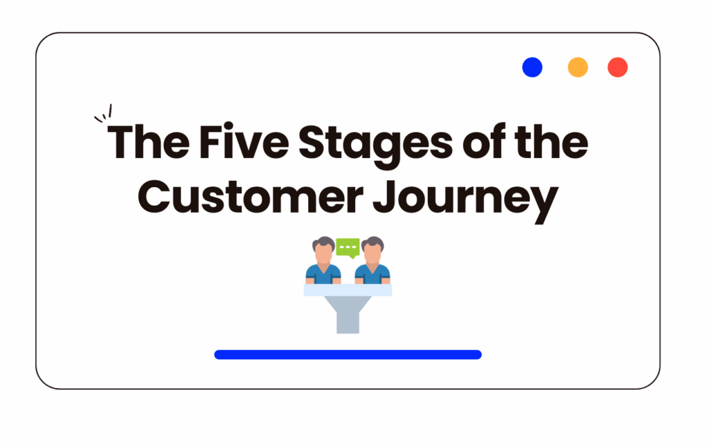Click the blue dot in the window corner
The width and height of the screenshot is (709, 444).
click(532, 67)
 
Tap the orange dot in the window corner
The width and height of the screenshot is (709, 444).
click(578, 67)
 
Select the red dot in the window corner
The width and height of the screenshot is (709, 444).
click(618, 67)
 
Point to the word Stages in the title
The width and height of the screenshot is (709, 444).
click(375, 145)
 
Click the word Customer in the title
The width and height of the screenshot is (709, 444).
click(251, 197)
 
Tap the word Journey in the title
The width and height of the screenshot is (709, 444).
click(466, 201)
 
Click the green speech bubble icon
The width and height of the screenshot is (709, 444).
click(348, 248)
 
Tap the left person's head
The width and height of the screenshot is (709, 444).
click(323, 249)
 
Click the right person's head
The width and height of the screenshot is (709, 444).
click(373, 249)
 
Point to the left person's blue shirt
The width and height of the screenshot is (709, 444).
click(323, 274)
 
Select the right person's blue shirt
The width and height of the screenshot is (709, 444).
click(373, 274)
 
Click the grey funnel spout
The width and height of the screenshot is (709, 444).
click(348, 316)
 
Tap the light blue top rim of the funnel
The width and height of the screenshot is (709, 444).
click(348, 290)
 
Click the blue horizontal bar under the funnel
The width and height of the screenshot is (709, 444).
click(348, 355)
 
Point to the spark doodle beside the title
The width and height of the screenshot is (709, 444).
click(103, 113)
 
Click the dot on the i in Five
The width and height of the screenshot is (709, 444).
click(228, 126)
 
